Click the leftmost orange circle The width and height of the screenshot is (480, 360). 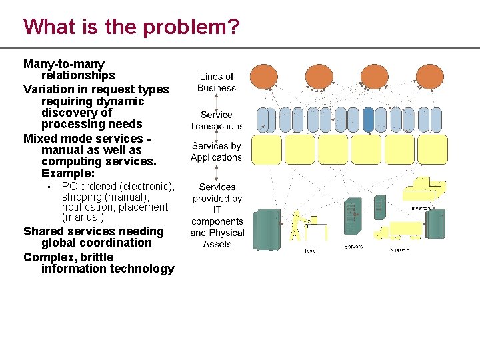[x=265, y=77]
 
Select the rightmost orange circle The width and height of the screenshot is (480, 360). [x=430, y=77]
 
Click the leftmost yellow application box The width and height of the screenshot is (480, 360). [x=265, y=149]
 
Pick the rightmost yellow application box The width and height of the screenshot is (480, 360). [x=433, y=149]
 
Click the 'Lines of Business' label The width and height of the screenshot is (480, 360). [x=217, y=82]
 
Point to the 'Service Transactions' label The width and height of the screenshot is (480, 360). [x=217, y=120]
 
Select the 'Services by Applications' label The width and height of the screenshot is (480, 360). [x=216, y=151]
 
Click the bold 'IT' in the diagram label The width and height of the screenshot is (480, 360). [x=217, y=210]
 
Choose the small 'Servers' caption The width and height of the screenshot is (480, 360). [x=353, y=247]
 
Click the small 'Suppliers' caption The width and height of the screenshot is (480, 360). [x=399, y=250]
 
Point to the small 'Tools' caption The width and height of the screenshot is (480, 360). [x=310, y=251]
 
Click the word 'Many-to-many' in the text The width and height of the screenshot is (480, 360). [x=64, y=64]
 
